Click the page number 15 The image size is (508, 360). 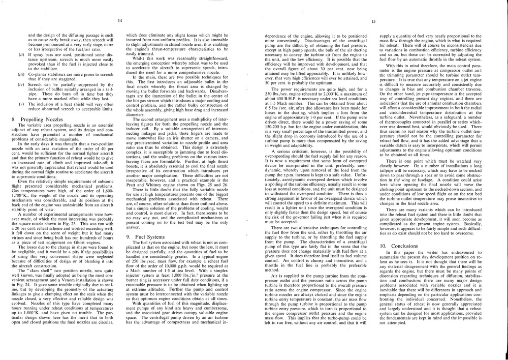point(373,21)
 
